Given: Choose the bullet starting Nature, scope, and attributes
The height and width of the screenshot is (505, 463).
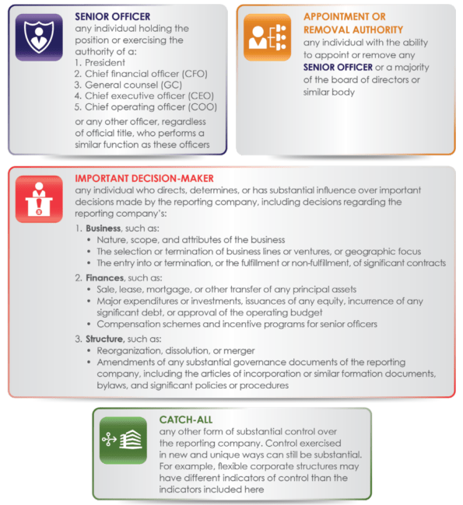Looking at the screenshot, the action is click(190, 239).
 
